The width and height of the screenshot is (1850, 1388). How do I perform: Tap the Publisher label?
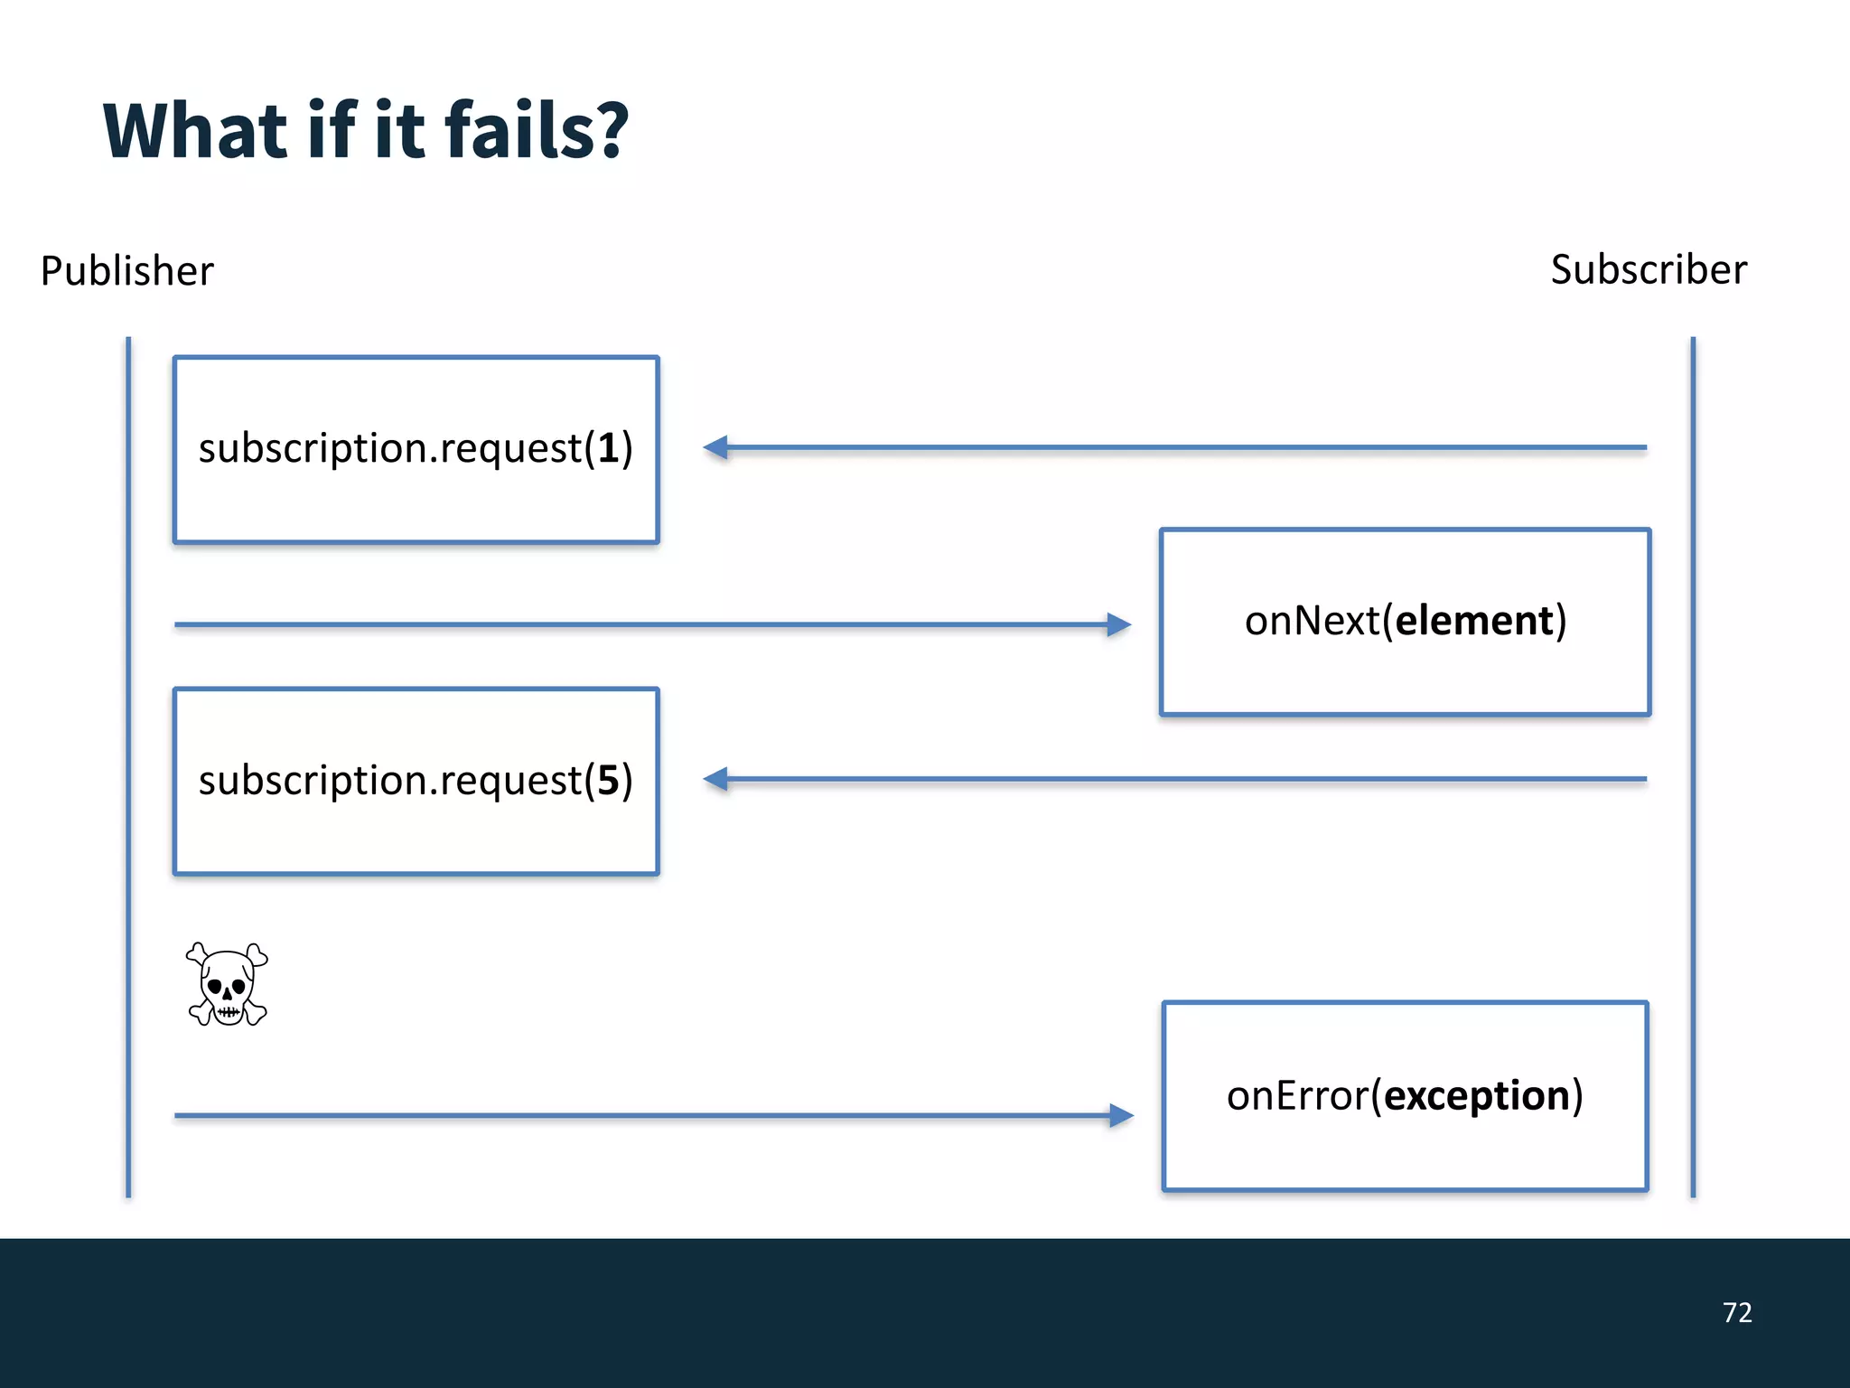point(127,271)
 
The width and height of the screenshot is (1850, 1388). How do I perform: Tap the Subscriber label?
point(1649,270)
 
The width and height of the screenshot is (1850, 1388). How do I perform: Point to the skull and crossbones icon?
point(228,984)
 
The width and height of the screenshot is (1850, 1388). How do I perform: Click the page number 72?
point(1736,1312)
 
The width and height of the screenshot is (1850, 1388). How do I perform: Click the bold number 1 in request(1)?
point(609,448)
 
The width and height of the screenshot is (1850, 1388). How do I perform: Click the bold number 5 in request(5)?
point(609,780)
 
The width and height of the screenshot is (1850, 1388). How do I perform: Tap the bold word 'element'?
point(1474,621)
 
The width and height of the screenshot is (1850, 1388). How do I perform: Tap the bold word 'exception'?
point(1477,1095)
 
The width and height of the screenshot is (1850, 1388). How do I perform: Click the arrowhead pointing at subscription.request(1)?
point(715,447)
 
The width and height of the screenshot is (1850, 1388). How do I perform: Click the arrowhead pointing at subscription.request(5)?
point(715,779)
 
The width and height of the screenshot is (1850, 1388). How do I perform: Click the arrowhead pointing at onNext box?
point(1118,624)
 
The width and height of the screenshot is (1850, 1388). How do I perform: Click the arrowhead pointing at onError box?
point(1120,1115)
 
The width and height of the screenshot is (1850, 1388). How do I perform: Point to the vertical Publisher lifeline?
point(128,768)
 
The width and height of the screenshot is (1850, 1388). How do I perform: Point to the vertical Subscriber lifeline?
point(1693,768)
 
